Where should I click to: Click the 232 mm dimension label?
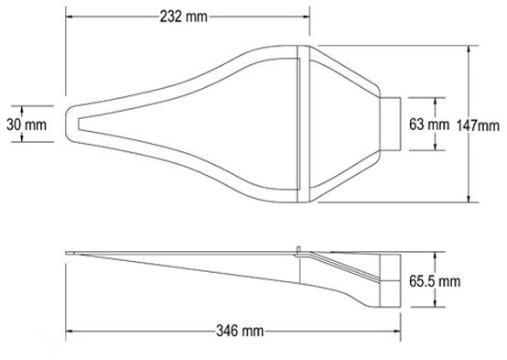point(184,16)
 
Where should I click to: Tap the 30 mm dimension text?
point(27,125)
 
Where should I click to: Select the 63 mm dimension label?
point(429,125)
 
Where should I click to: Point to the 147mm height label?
point(478,125)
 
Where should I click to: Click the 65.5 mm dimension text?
point(435,281)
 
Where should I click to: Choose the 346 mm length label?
point(240,332)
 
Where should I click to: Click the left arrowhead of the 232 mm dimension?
point(70,16)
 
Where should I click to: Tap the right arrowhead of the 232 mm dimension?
point(306,16)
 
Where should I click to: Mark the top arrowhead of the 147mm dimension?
point(469,49)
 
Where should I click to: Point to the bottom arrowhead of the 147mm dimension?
point(469,198)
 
